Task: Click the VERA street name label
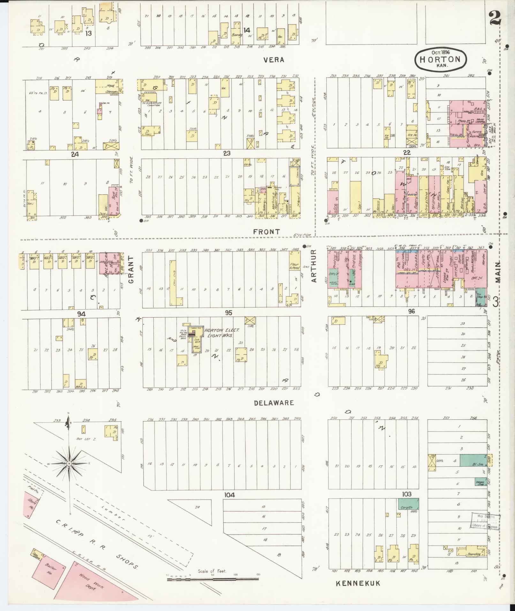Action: [274, 60]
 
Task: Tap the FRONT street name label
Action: [266, 232]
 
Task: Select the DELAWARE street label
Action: [274, 403]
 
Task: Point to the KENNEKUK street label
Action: [358, 584]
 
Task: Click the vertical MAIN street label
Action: [498, 272]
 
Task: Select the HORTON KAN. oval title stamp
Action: [440, 59]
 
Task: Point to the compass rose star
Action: [69, 463]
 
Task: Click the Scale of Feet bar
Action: [212, 578]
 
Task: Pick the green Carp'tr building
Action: [408, 504]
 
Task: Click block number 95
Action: [228, 312]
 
